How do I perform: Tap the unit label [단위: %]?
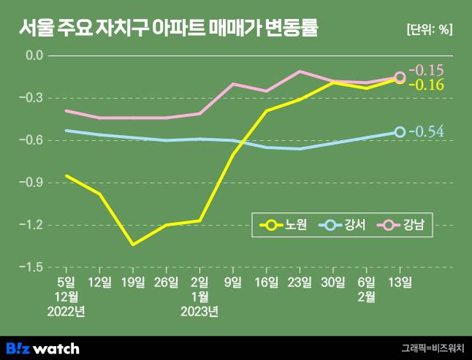tap(429, 30)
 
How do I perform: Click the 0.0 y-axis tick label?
tap(34, 55)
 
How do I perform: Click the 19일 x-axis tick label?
tap(132, 281)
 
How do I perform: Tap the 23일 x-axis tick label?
tap(300, 281)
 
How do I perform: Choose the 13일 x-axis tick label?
tap(400, 281)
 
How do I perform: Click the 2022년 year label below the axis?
tap(66, 312)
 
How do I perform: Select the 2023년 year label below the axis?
tap(199, 312)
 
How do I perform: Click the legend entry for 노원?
tap(285, 226)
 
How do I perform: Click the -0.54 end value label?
tap(427, 132)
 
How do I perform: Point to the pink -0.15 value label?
tap(426, 71)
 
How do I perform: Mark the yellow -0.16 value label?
tap(426, 85)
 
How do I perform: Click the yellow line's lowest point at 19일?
tap(133, 244)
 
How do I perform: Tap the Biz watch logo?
tap(42, 348)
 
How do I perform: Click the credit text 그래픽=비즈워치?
tap(432, 348)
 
